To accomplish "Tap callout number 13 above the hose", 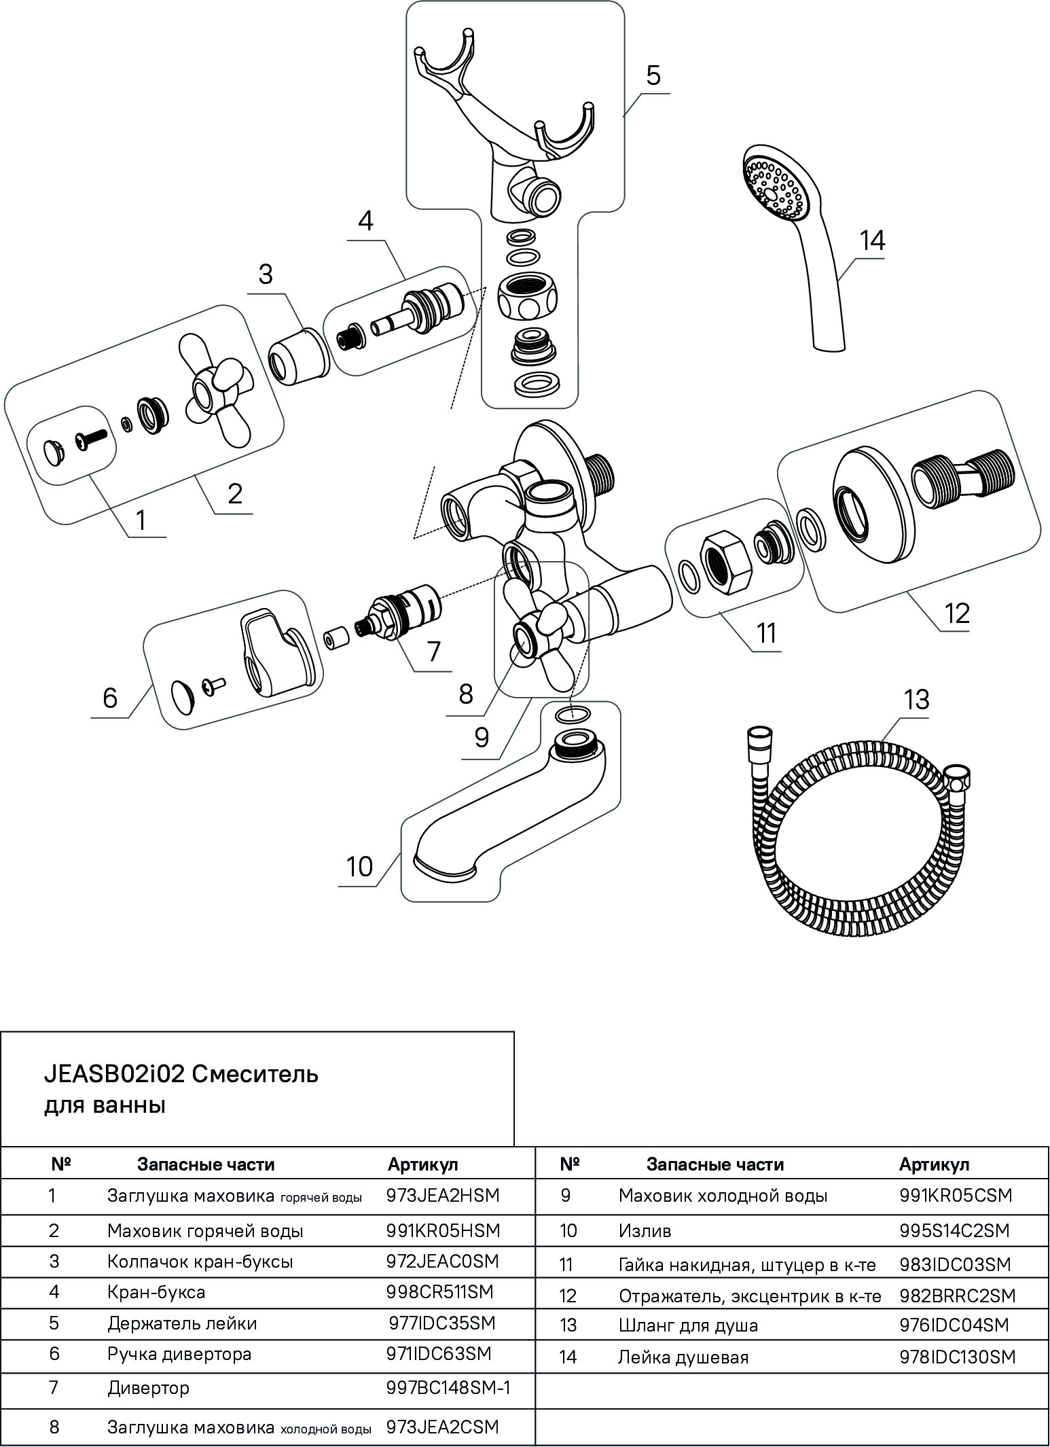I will [x=917, y=699].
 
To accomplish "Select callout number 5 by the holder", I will [x=653, y=75].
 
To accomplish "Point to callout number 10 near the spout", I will [x=359, y=866].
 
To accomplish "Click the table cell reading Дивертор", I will [x=148, y=1388].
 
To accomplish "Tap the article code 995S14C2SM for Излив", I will [x=954, y=1230].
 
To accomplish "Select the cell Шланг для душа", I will [x=688, y=1325].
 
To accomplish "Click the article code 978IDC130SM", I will [x=957, y=1357].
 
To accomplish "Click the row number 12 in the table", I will [x=568, y=1296].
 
